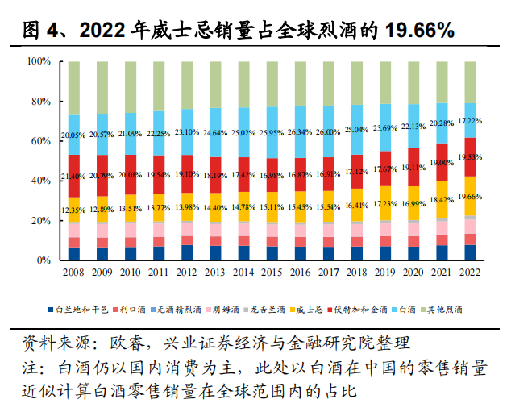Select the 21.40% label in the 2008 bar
click(73, 176)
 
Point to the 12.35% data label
click(73, 210)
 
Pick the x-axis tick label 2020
click(412, 273)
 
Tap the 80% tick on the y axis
click(39, 102)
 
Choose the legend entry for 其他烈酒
click(458, 309)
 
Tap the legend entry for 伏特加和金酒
click(370, 309)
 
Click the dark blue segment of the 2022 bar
click(469, 252)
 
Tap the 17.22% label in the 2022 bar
click(469, 120)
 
